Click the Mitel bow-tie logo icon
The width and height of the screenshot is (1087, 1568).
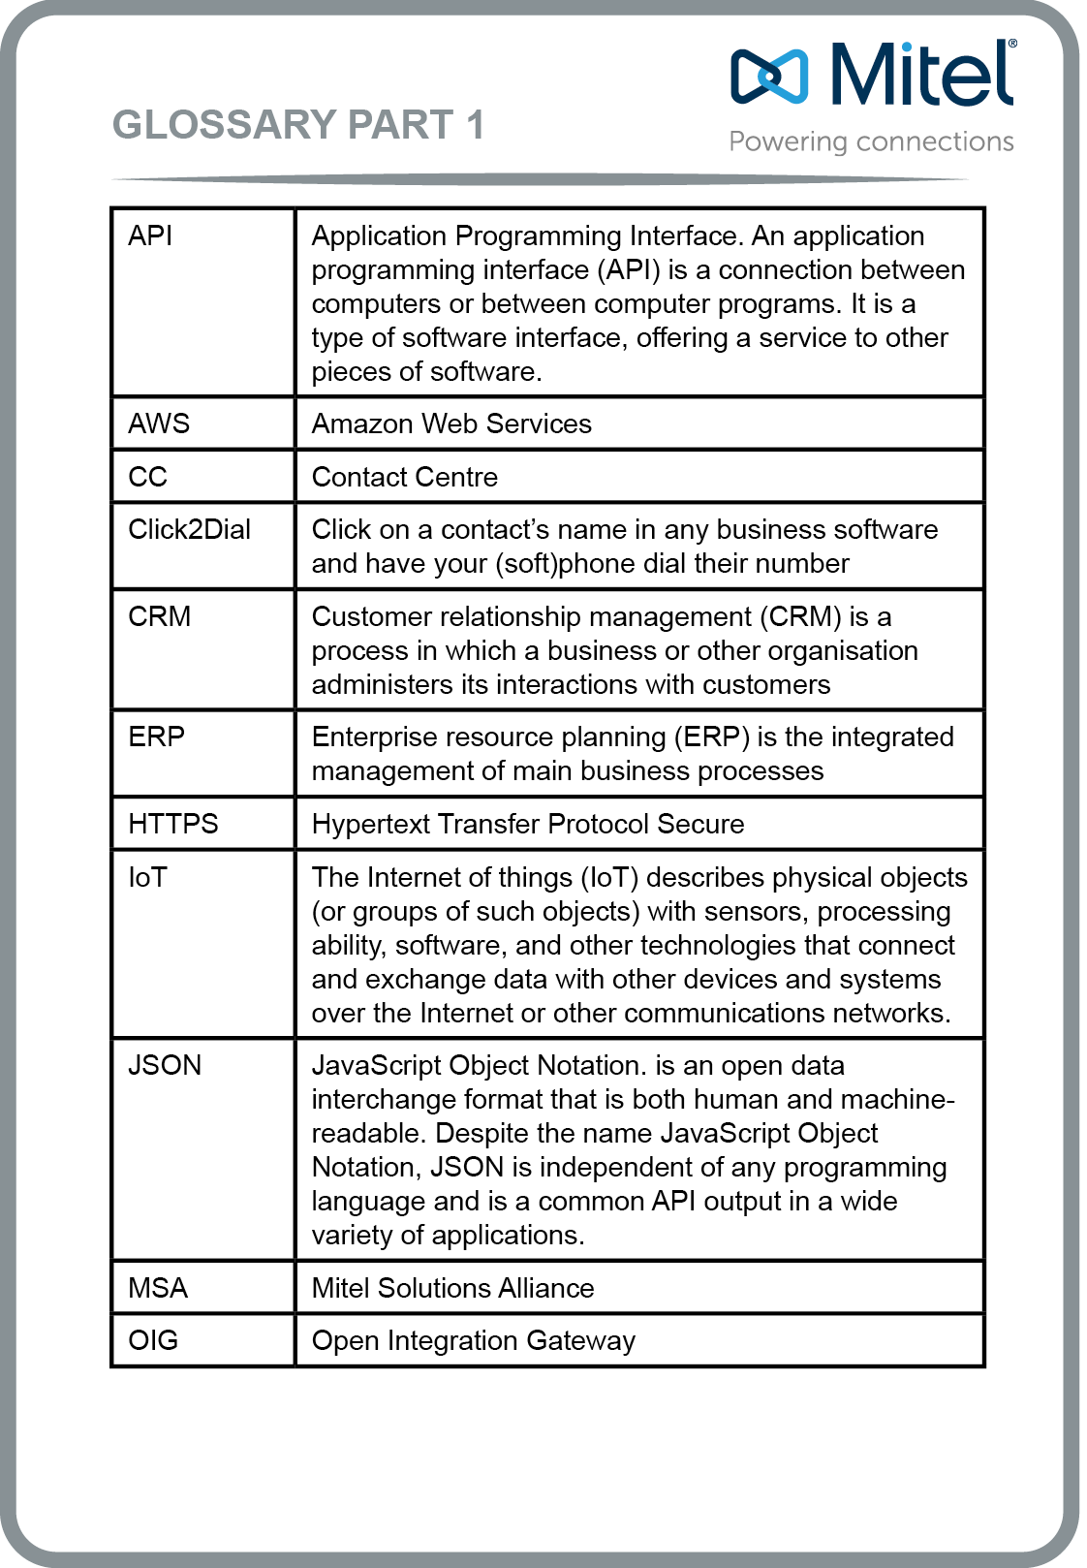(769, 76)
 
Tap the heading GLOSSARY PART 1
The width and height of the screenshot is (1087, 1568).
(298, 125)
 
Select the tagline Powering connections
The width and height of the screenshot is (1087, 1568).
(871, 141)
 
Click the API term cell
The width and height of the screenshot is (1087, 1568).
(150, 235)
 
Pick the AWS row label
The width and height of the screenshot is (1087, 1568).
(159, 423)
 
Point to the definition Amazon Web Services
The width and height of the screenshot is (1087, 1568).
(451, 423)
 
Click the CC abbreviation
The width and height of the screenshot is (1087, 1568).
(148, 477)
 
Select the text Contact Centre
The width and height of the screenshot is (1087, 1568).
(405, 477)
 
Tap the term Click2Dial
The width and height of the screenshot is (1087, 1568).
(190, 529)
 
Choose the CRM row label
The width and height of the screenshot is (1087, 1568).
(160, 616)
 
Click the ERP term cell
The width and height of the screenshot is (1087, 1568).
(157, 737)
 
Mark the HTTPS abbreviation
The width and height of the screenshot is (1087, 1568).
(173, 824)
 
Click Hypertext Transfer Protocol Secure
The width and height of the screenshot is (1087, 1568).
(528, 824)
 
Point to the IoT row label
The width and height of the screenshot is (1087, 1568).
(148, 877)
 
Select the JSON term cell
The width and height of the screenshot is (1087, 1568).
(166, 1065)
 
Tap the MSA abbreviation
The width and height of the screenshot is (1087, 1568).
(158, 1288)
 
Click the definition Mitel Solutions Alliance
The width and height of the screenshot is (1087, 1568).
(452, 1288)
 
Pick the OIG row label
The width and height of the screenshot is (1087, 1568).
(154, 1340)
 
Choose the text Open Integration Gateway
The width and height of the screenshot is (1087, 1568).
(474, 1340)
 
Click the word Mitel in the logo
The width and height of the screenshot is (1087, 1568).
(921, 74)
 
